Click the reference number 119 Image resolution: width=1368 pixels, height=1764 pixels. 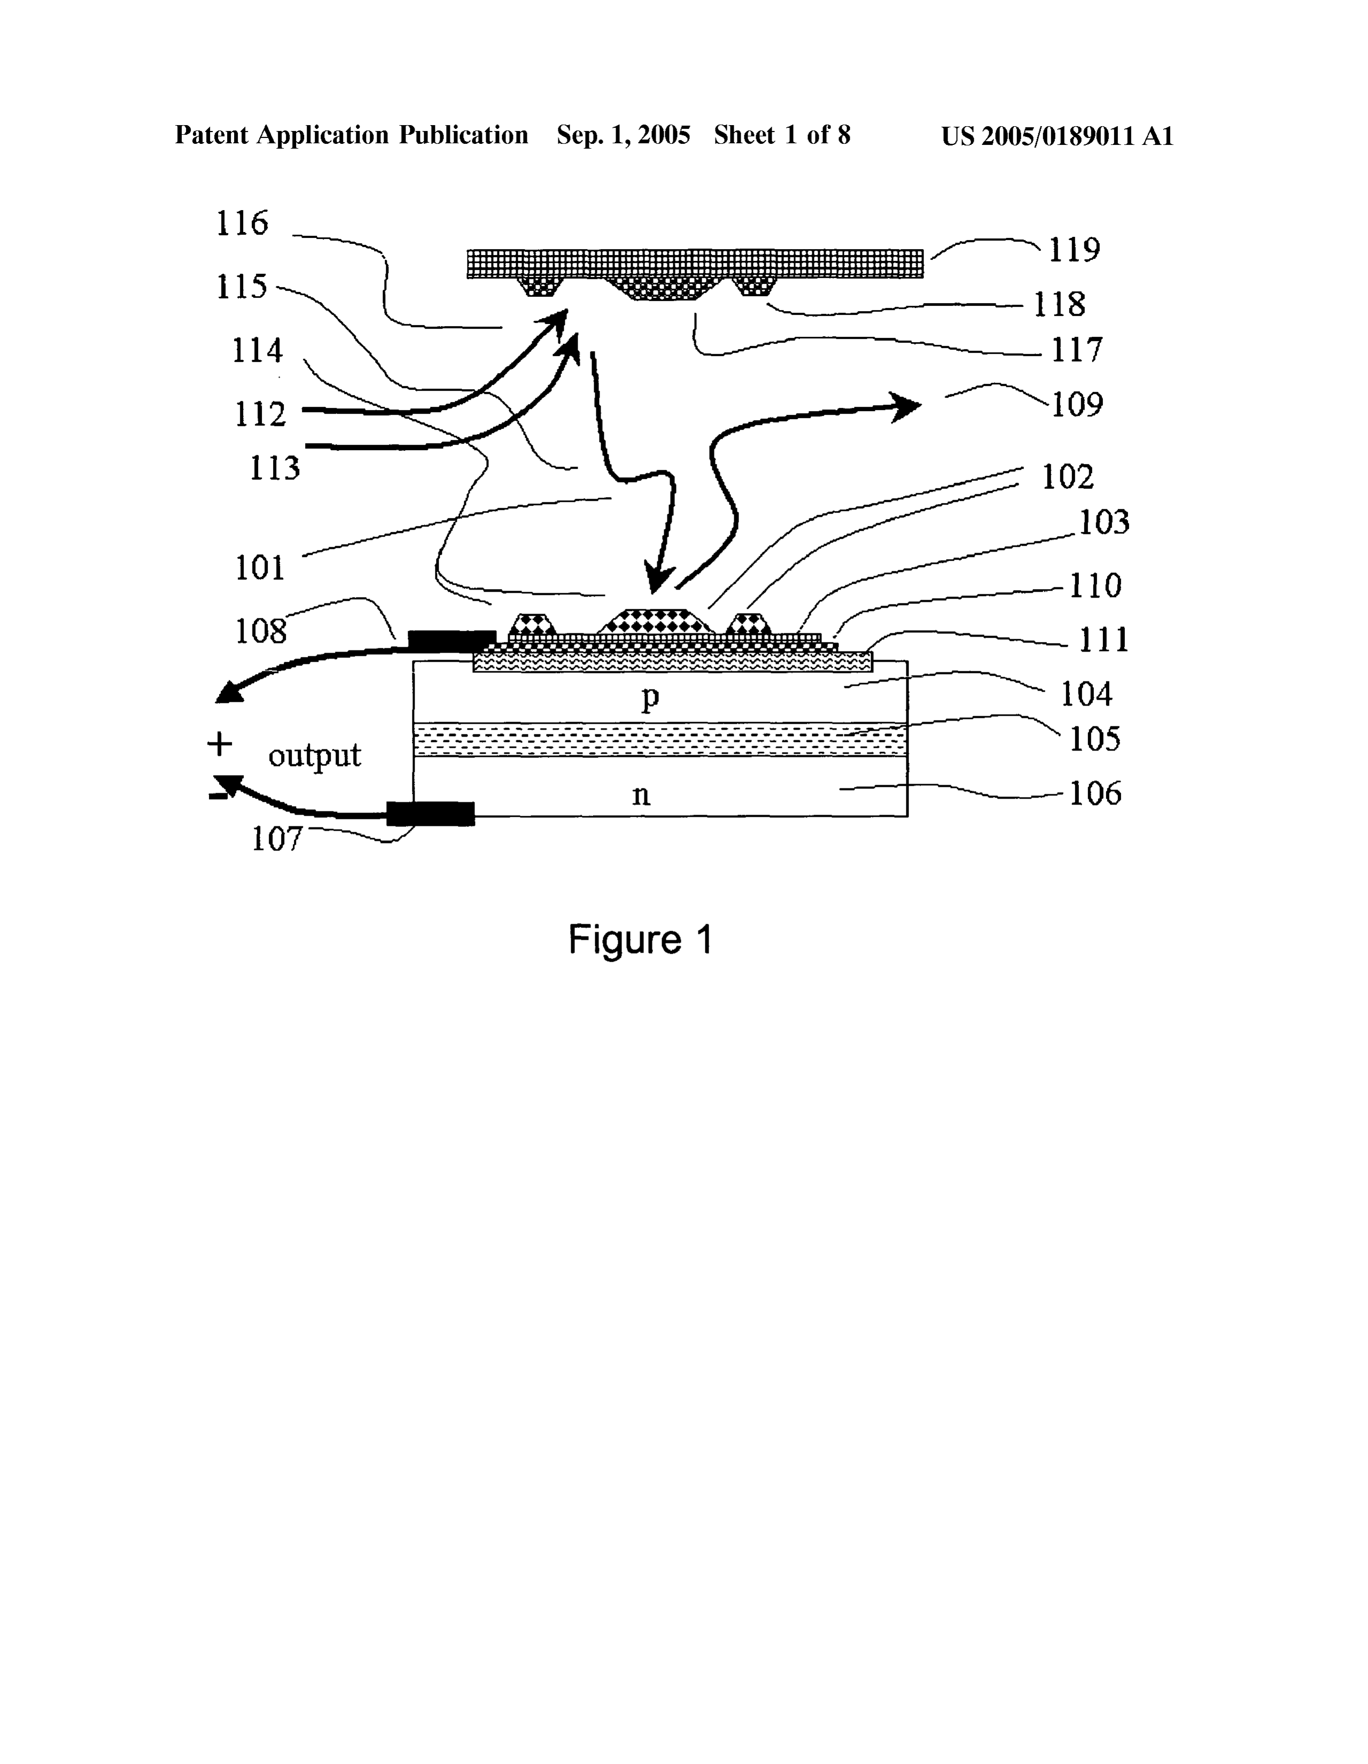tap(1074, 250)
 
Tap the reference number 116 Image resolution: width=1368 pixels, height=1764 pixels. tap(242, 223)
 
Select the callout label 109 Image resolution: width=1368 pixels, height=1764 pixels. tap(1076, 404)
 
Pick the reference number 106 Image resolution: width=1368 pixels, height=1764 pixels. tap(1095, 793)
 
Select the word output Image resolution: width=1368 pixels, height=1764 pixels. tap(315, 756)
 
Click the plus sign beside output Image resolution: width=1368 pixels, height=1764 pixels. tap(220, 743)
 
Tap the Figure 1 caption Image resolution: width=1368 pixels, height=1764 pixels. tap(640, 939)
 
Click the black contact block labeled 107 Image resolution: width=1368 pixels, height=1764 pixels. tap(430, 814)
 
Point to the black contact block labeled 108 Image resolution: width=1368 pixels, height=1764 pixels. tap(452, 640)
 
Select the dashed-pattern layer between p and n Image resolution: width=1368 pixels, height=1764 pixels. tap(660, 739)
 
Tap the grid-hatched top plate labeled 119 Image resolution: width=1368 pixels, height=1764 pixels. tap(695, 264)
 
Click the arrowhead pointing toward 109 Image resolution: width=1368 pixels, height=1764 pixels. tap(906, 406)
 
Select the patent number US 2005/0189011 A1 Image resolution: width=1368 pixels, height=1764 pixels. tap(1057, 136)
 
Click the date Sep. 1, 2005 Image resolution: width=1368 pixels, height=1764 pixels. tap(624, 136)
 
